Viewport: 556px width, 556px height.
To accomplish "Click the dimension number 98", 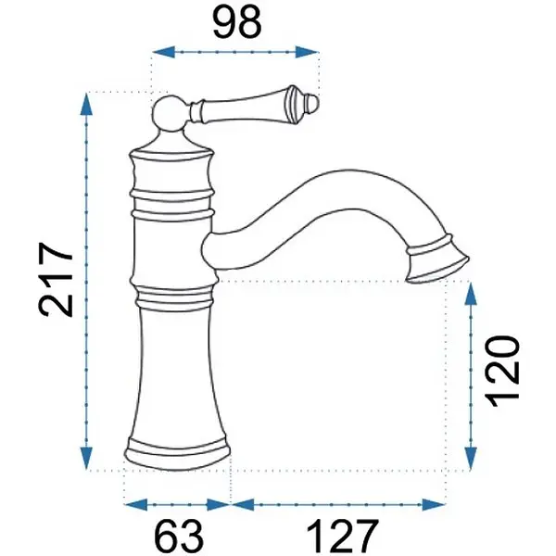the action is pos(237,22).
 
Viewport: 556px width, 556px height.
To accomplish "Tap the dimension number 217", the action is pos(56,279).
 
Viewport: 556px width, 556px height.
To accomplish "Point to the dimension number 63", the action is pos(180,536).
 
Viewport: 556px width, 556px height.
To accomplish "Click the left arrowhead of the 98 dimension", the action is pos(164,52).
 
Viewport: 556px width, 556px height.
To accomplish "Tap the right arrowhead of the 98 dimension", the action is pos(307,52).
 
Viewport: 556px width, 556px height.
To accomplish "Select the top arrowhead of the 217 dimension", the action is pos(86,104).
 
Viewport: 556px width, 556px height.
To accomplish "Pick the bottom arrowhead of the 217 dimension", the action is pos(86,458).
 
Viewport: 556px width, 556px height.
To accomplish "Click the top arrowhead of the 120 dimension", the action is pos(471,293).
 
